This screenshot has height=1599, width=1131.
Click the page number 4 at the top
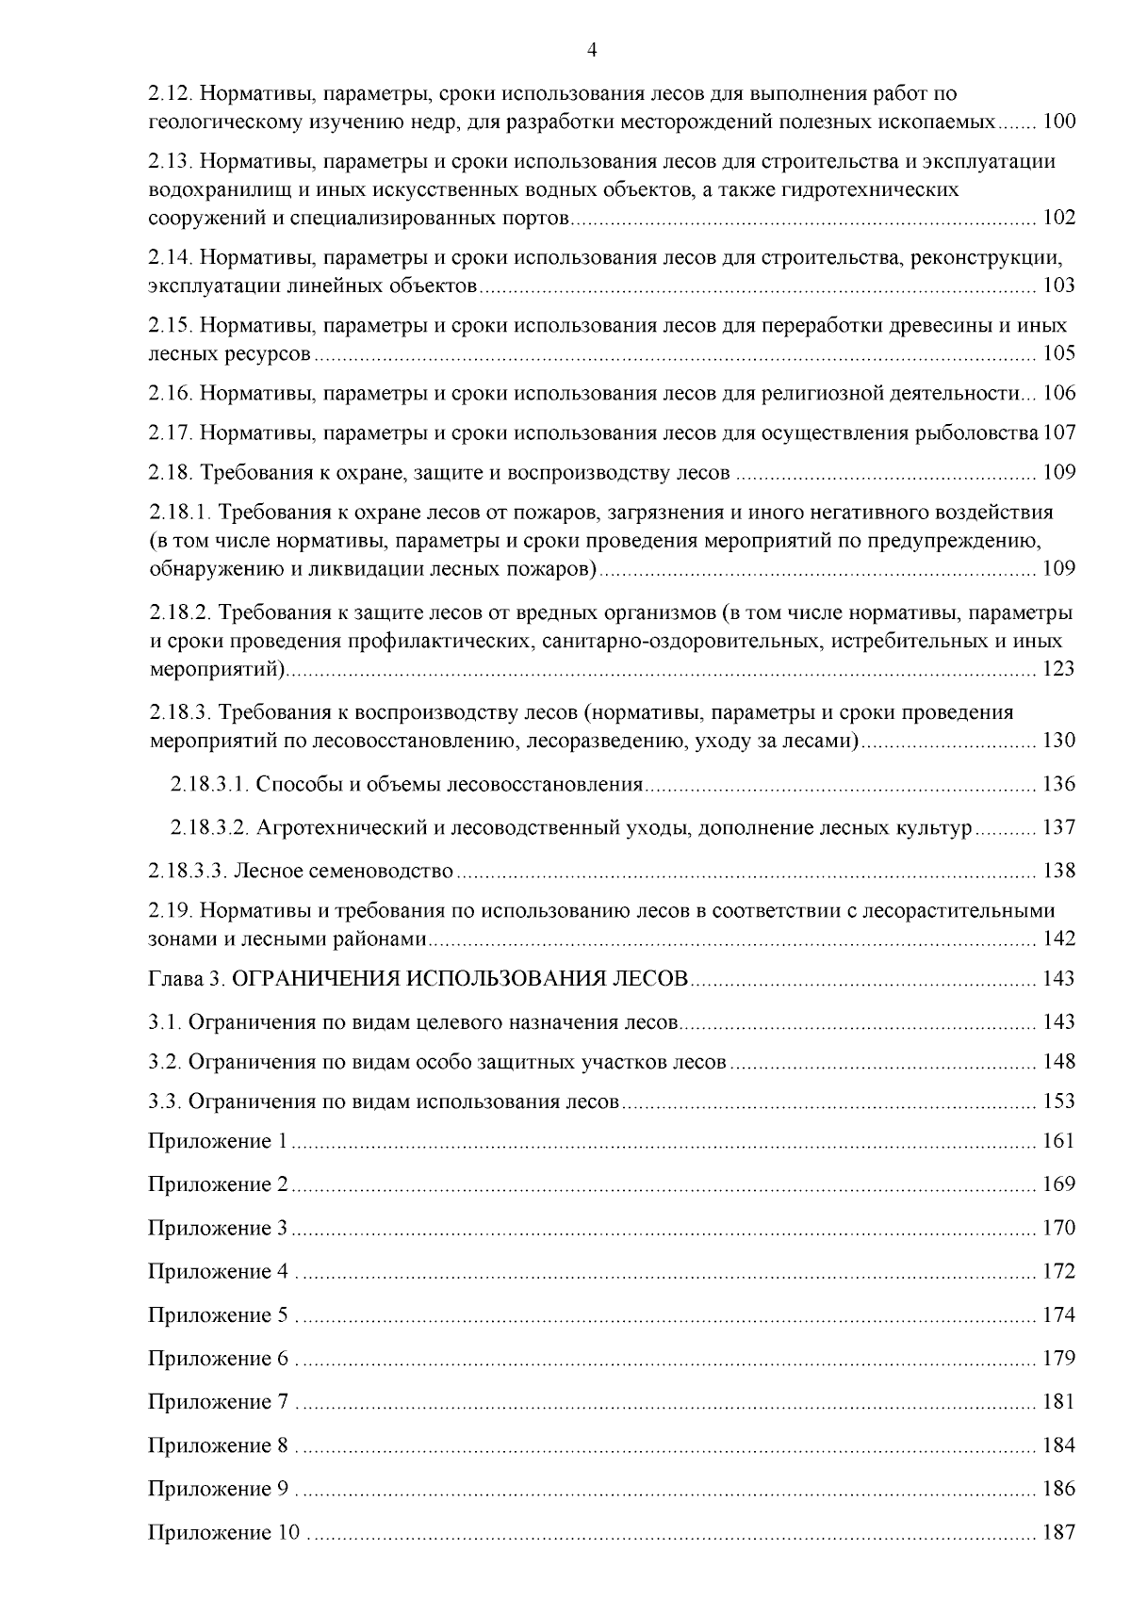click(x=591, y=51)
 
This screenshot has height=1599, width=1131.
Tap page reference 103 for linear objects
click(x=1059, y=286)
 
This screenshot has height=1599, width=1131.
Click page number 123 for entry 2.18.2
click(x=1059, y=670)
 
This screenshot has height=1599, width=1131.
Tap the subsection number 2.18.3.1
click(x=209, y=785)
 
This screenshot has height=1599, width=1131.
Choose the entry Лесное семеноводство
click(x=344, y=871)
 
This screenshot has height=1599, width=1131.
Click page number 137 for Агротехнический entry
click(x=1059, y=828)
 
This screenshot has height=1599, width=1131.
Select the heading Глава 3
click(x=186, y=979)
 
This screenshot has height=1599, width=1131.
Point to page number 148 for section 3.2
click(x=1059, y=1062)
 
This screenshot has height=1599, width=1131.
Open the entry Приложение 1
click(x=217, y=1142)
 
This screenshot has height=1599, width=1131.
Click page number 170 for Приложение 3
click(x=1059, y=1229)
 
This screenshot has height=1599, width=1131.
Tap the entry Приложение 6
click(x=217, y=1359)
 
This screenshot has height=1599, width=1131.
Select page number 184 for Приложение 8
click(x=1059, y=1445)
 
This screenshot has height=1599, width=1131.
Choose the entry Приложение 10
click(x=222, y=1533)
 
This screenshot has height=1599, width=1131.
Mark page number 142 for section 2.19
click(x=1059, y=939)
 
